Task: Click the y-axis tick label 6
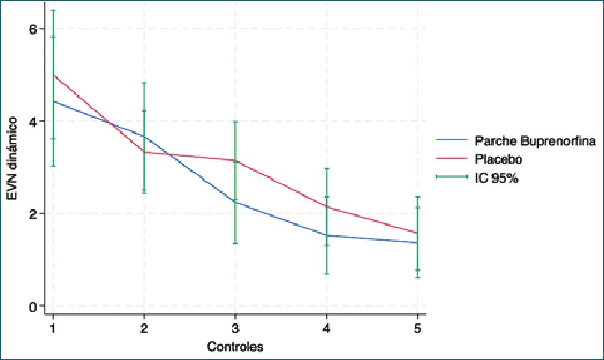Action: click(34, 29)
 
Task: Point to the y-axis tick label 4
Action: click(34, 121)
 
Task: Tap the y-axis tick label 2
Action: click(34, 214)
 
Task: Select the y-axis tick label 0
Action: click(34, 306)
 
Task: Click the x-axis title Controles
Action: click(235, 347)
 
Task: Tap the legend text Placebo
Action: click(498, 160)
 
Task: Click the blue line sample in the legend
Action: click(451, 142)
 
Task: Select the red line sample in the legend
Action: click(451, 160)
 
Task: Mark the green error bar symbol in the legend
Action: click(451, 178)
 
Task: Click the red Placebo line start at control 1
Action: click(54, 75)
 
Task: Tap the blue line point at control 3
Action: click(235, 202)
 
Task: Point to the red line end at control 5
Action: click(417, 233)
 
